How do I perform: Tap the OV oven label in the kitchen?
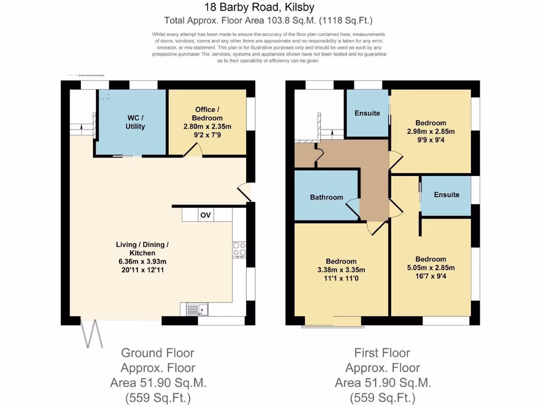[x=206, y=215]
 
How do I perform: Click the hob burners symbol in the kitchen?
[x=239, y=248]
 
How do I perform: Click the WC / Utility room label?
[x=135, y=122]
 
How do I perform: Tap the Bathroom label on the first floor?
[x=326, y=197]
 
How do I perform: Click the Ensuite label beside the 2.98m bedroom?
[x=367, y=113]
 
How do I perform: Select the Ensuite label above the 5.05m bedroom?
[x=446, y=195]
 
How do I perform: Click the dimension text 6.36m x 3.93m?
[x=142, y=262]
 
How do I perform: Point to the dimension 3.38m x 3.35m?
[x=341, y=270]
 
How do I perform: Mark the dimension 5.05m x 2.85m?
[x=431, y=267]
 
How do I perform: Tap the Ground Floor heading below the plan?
[x=157, y=353]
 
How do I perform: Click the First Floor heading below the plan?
[x=382, y=353]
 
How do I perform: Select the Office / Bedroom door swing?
[x=196, y=151]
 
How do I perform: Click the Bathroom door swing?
[x=352, y=207]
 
